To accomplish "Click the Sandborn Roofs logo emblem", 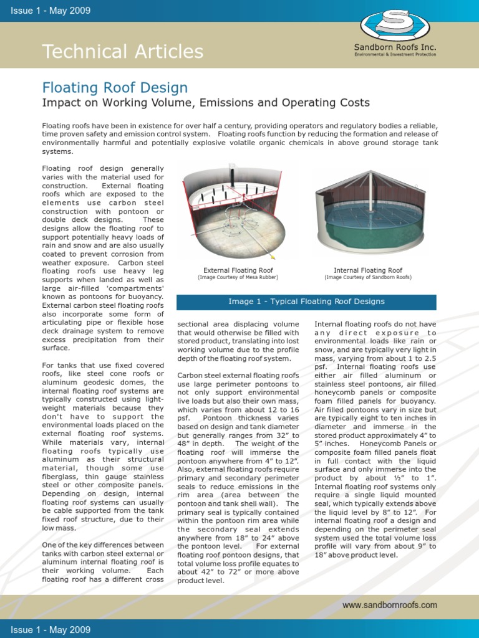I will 395,24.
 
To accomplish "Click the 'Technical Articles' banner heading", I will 122,52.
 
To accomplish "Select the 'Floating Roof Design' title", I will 115,88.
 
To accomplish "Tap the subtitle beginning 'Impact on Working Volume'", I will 206,103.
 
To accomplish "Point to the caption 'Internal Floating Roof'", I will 368,270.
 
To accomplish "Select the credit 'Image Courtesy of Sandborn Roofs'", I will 368,278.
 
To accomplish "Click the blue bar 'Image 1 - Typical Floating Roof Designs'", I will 306,302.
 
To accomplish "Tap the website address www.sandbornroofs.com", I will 390,605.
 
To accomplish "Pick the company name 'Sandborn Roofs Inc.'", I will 395,47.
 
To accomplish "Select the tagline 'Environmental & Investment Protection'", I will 395,55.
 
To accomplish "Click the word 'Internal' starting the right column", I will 329,324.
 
